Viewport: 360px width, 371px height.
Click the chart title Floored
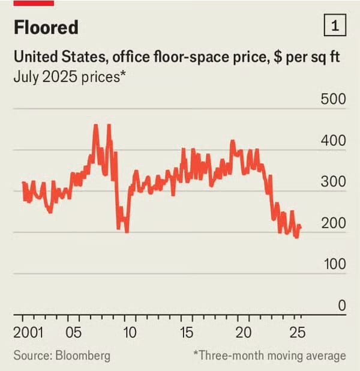[x=46, y=28]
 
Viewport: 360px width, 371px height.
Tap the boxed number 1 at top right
[x=334, y=26]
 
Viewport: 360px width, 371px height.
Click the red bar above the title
[x=34, y=2]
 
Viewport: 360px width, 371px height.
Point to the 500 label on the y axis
[x=334, y=99]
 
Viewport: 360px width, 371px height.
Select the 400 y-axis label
[x=334, y=140]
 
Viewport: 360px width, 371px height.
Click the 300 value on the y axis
[x=334, y=182]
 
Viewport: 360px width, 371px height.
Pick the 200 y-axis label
[x=334, y=223]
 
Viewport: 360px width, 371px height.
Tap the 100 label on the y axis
[x=334, y=264]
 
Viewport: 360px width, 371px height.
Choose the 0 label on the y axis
[x=341, y=306]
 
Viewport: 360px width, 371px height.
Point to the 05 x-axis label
[x=74, y=333]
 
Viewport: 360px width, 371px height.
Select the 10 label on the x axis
[x=130, y=333]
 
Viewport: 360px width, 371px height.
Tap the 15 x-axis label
[x=187, y=333]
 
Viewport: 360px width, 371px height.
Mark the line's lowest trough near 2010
[x=127, y=232]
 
